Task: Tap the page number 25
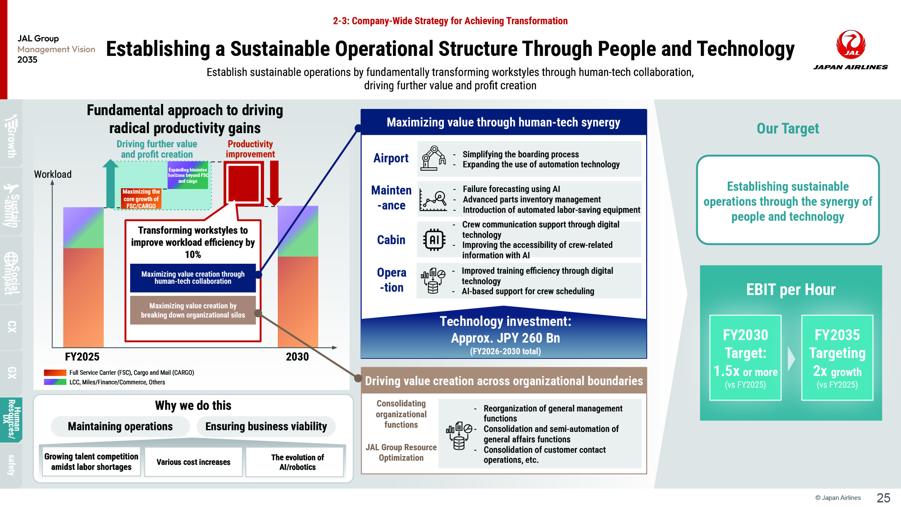point(883,498)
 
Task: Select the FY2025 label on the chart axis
point(82,357)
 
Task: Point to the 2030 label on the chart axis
point(297,357)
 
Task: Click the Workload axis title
point(53,174)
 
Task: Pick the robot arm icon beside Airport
point(434,158)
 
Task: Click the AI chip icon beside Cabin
point(434,240)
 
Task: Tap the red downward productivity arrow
point(274,183)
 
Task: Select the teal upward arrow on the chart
point(111,183)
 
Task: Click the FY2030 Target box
point(745,358)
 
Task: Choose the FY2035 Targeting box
point(837,358)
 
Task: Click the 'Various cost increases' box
point(194,462)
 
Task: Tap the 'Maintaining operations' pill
point(120,426)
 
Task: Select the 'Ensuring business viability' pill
point(266,426)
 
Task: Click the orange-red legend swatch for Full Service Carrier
point(55,373)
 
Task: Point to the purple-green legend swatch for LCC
point(55,382)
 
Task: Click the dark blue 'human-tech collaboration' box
point(193,277)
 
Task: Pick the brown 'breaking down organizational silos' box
point(193,310)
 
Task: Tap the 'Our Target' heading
point(788,129)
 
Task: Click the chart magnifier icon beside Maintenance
point(434,199)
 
